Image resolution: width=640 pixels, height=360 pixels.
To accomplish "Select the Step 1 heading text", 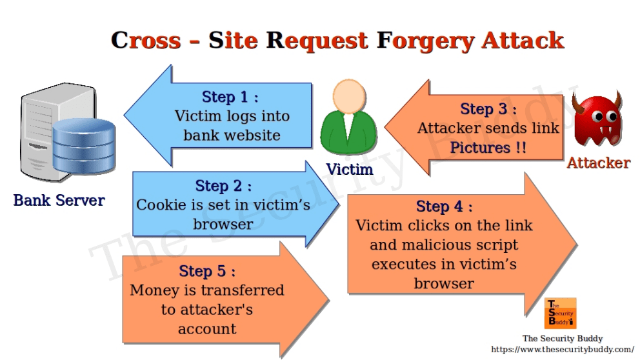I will [x=230, y=97].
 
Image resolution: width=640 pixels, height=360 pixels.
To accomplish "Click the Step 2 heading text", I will [x=223, y=186].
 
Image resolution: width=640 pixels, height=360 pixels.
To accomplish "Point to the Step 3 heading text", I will [x=488, y=108].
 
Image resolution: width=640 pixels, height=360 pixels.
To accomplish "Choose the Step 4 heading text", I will [x=444, y=206].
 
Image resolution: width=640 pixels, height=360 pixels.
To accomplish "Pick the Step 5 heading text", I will [x=206, y=270].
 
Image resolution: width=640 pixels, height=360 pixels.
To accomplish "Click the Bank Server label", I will [x=59, y=200].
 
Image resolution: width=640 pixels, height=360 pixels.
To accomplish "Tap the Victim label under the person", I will [x=349, y=170].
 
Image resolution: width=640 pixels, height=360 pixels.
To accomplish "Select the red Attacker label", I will [x=598, y=163].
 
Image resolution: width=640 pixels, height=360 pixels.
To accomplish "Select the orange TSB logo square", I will [x=560, y=313].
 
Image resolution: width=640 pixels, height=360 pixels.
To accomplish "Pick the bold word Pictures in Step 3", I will [x=480, y=148].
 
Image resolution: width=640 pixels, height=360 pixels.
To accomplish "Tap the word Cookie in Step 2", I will [x=161, y=205].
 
